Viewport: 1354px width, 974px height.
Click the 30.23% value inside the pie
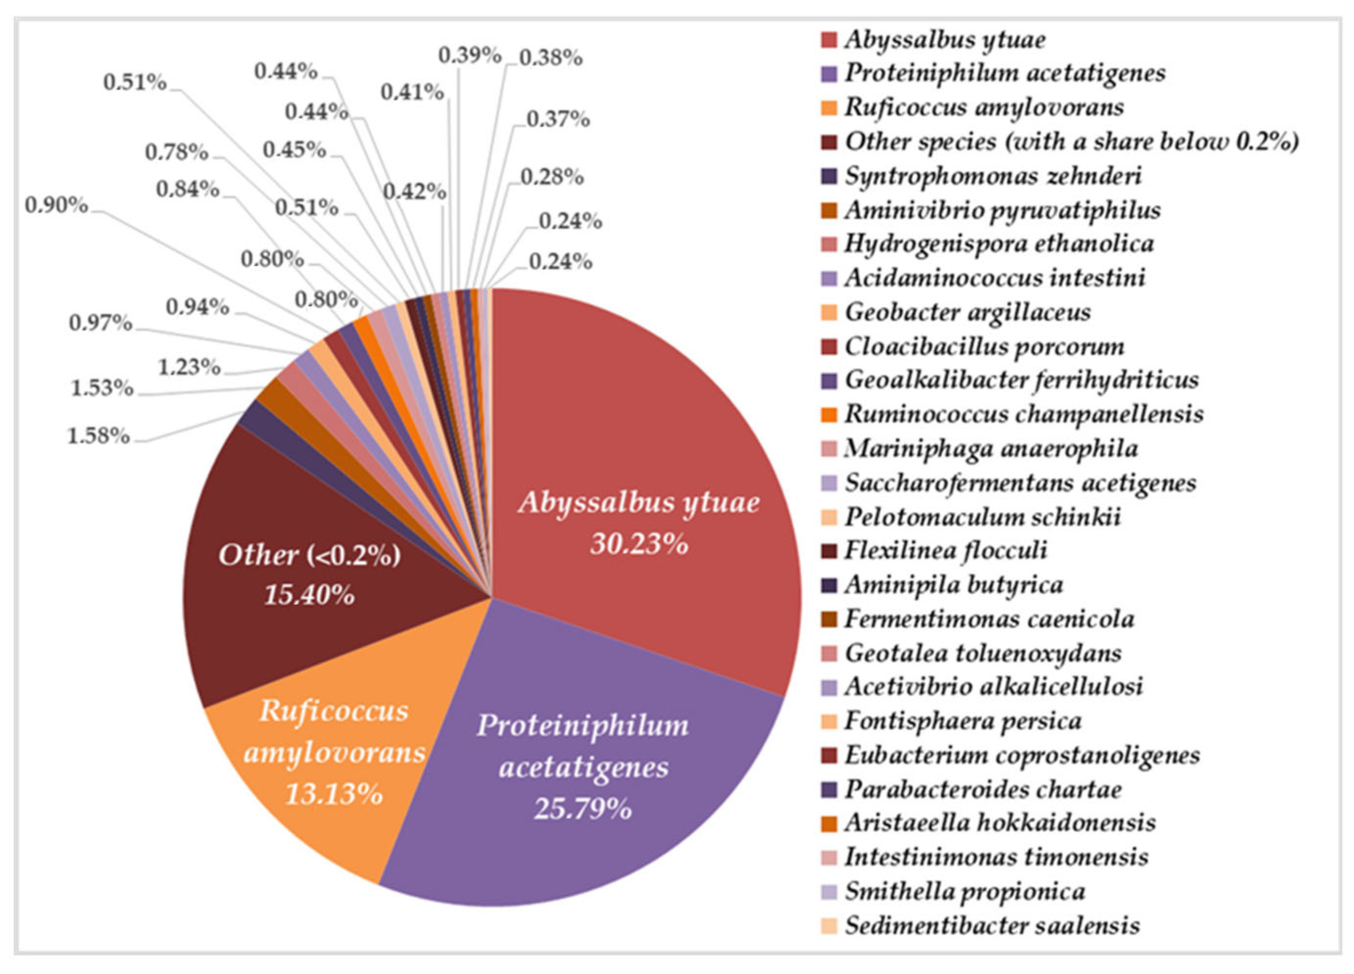pos(639,544)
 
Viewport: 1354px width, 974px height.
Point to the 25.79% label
pos(583,809)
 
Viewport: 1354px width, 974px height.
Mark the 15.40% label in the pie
pos(309,595)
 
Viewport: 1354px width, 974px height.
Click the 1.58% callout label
pos(99,436)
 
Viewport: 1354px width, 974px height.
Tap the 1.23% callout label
pos(189,367)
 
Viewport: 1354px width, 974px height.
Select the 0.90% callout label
pos(57,206)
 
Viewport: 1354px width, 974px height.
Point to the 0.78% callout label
pos(177,153)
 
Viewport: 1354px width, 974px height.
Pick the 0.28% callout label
pos(552,177)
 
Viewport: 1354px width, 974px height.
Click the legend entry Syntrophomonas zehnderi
pos(992,176)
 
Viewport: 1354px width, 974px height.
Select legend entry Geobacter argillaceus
pos(967,312)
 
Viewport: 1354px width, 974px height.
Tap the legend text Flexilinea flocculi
pos(945,550)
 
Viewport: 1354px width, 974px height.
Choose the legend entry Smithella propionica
pos(964,891)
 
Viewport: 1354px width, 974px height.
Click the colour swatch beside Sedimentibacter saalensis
pos(829,926)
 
